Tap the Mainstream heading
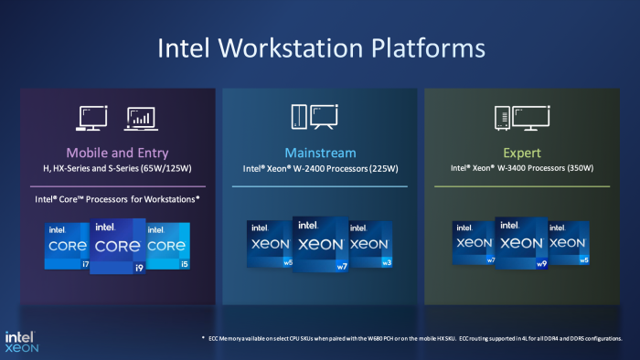pyautogui.click(x=319, y=152)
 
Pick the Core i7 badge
pyautogui.click(x=69, y=246)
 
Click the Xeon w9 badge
pyautogui.click(x=520, y=244)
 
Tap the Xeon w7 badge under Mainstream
pyautogui.click(x=319, y=244)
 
